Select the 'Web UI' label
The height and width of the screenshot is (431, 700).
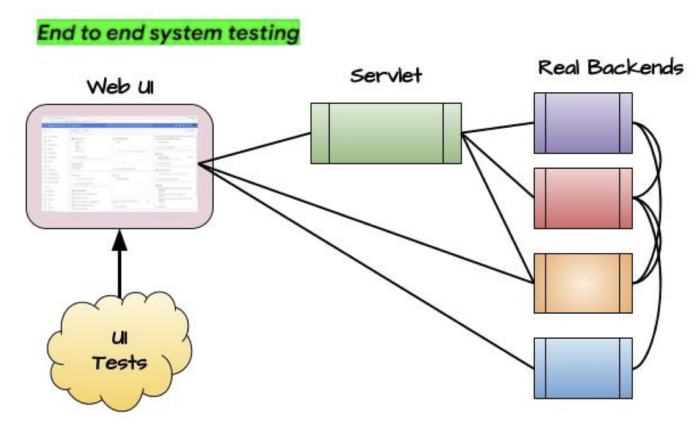(120, 87)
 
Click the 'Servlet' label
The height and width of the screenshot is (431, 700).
(386, 75)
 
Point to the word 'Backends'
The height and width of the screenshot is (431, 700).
(635, 68)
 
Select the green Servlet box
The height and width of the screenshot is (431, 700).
(386, 133)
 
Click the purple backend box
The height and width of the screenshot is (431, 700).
(583, 123)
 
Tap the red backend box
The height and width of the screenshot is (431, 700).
(583, 198)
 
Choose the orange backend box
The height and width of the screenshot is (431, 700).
(583, 283)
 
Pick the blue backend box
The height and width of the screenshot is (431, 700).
(583, 368)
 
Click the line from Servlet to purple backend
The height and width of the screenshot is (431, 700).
(498, 128)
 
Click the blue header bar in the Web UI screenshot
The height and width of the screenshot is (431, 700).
(119, 126)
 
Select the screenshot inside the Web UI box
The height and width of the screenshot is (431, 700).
(119, 165)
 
